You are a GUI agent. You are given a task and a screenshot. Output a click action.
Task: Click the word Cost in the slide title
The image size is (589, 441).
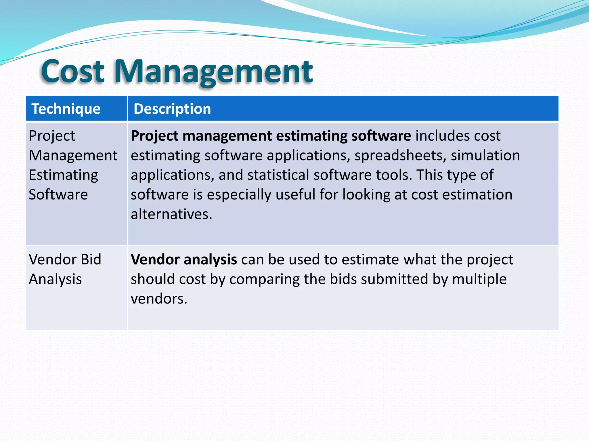(72, 71)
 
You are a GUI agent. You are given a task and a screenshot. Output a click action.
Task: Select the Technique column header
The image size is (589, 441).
(66, 109)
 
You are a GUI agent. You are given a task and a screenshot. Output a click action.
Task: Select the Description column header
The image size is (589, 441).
(172, 109)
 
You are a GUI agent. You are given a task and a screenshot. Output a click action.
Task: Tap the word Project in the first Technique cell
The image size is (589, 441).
(52, 136)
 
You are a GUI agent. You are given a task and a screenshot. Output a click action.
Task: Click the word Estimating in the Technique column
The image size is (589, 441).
(64, 175)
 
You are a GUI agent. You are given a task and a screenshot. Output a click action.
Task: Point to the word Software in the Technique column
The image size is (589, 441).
(58, 195)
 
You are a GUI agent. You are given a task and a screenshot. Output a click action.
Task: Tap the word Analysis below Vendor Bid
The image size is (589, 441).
(56, 279)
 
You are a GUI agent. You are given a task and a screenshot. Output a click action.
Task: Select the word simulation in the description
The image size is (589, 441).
(485, 156)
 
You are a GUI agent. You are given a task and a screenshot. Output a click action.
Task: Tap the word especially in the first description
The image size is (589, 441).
(239, 195)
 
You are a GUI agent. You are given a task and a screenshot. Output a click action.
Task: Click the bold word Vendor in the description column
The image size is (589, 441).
(155, 260)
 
